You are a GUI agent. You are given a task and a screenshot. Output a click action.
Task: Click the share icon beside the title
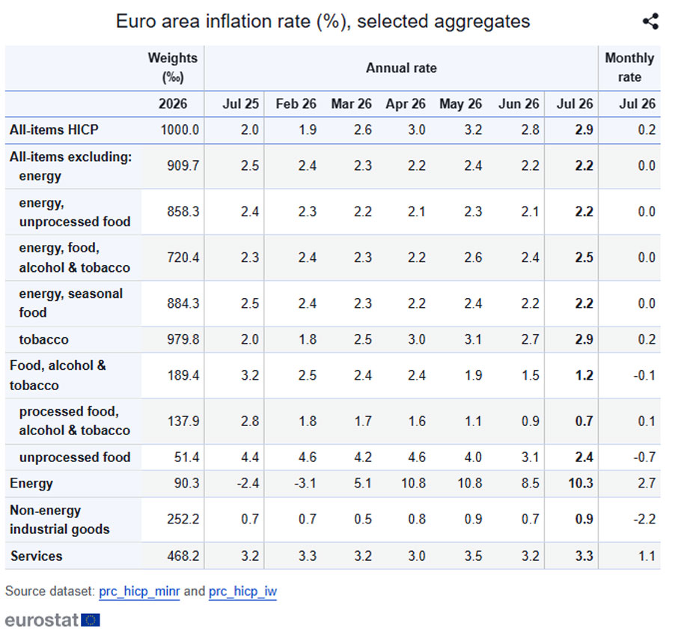click(x=650, y=21)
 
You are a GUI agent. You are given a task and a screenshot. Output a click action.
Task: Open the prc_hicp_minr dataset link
click(x=139, y=591)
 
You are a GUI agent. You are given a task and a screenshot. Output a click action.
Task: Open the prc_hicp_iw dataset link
click(x=242, y=591)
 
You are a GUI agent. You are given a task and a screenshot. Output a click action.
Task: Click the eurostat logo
click(x=52, y=620)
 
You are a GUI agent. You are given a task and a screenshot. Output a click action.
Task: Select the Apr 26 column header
click(x=406, y=104)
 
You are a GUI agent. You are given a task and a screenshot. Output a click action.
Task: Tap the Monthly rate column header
click(x=629, y=67)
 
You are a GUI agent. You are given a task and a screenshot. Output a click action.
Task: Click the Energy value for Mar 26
click(x=363, y=484)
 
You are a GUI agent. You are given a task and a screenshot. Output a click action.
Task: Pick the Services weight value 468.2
click(x=183, y=556)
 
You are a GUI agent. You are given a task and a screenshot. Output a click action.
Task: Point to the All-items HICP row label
click(x=54, y=130)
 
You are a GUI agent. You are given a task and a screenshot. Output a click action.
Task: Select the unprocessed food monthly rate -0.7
click(x=644, y=457)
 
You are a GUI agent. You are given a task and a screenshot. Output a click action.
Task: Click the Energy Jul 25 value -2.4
click(x=248, y=484)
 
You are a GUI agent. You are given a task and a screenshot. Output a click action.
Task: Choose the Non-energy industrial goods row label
click(x=59, y=520)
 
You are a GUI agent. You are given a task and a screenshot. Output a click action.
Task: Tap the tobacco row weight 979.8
click(x=183, y=339)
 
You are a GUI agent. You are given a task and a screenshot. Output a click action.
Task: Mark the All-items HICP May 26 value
click(x=473, y=130)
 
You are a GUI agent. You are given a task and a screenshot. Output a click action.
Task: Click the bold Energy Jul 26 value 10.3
click(x=581, y=484)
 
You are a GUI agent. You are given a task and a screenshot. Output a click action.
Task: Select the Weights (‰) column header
click(x=172, y=67)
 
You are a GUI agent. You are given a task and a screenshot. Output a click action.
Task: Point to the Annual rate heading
click(x=401, y=68)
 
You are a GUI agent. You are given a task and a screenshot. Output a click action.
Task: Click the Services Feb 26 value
click(x=307, y=556)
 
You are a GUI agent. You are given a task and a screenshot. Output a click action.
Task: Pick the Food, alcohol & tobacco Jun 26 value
click(x=530, y=376)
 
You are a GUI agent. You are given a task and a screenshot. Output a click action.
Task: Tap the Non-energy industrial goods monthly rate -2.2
click(x=644, y=520)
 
